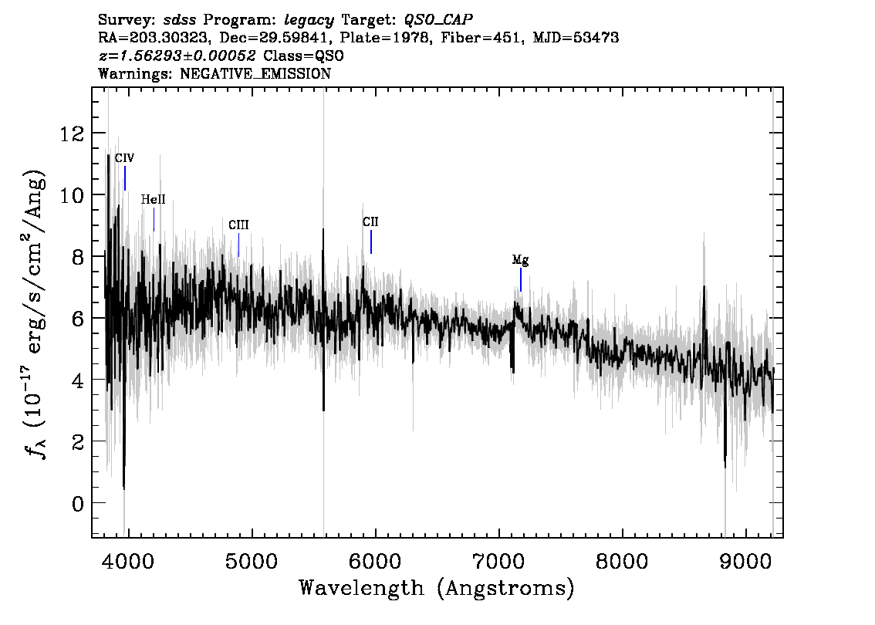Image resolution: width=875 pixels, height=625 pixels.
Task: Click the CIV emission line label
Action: [124, 158]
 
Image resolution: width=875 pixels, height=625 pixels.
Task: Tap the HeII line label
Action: [153, 200]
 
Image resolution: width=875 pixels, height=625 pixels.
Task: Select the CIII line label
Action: [239, 225]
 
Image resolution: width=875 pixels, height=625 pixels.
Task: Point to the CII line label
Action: [370, 222]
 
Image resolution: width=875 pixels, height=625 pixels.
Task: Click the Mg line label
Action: [521, 260]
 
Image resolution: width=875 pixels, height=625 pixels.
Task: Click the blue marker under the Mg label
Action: [521, 279]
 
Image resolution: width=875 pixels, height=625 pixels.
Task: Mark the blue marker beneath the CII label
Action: [371, 242]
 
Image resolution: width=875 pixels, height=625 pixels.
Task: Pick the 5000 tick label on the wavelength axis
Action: [252, 562]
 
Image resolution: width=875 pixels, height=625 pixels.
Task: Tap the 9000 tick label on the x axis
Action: [745, 562]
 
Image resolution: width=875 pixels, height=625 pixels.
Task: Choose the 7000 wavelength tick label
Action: [498, 562]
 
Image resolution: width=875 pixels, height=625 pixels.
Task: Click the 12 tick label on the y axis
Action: [72, 134]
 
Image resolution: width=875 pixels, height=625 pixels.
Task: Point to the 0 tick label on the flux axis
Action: [78, 504]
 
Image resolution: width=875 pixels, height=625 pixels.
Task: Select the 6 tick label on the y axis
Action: [78, 319]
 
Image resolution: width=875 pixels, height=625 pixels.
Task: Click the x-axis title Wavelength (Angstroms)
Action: [437, 588]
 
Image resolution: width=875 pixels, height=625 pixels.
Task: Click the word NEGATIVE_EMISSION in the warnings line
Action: [255, 73]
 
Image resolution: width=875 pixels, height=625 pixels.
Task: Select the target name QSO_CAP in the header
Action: [438, 21]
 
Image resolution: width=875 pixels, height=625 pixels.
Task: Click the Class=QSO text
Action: [303, 56]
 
